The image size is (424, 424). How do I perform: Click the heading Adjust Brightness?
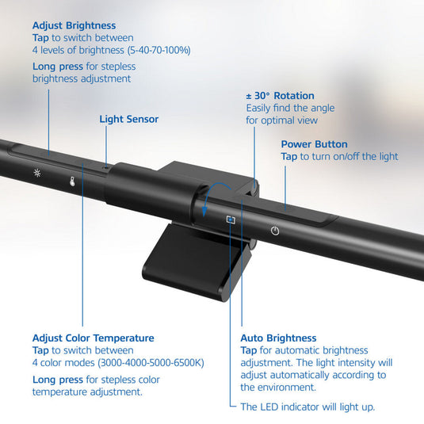coord(74,26)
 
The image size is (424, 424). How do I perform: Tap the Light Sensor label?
coord(128,120)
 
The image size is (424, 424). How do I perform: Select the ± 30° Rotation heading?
coord(279,96)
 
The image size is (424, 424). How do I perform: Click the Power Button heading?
coord(314,144)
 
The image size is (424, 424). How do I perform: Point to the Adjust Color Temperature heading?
coord(93,338)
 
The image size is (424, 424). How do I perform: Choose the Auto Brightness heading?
coord(278,338)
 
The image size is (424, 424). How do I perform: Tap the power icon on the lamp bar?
coord(274,231)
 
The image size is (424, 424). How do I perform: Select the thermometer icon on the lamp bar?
coord(71,181)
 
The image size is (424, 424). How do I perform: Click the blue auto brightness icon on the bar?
coord(231,220)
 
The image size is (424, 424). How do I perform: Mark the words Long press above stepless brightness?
coord(59,66)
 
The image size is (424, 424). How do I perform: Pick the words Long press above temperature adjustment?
coord(59,379)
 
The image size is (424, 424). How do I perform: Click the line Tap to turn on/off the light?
coord(339,157)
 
